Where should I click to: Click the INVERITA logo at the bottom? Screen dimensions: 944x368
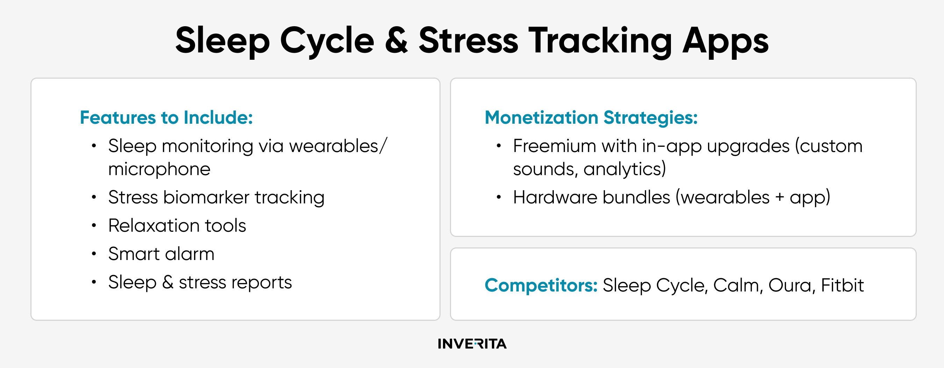[x=472, y=344]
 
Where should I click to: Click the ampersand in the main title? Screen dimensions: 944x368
[x=396, y=40]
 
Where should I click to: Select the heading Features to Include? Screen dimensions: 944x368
[x=166, y=117]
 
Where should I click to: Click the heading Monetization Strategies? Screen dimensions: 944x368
[x=591, y=117]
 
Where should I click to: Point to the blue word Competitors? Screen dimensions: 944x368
[x=541, y=285]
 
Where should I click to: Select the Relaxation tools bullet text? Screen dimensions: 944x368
[x=177, y=225]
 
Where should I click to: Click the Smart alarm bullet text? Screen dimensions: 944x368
[x=161, y=254]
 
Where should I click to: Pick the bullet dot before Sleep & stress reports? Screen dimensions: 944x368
[x=94, y=282]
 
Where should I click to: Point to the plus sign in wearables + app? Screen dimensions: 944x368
[x=779, y=198]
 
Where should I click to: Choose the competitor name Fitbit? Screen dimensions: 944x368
[x=842, y=285]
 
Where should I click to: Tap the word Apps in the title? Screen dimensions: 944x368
[x=725, y=42]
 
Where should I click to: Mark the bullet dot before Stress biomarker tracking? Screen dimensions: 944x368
[x=94, y=197]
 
